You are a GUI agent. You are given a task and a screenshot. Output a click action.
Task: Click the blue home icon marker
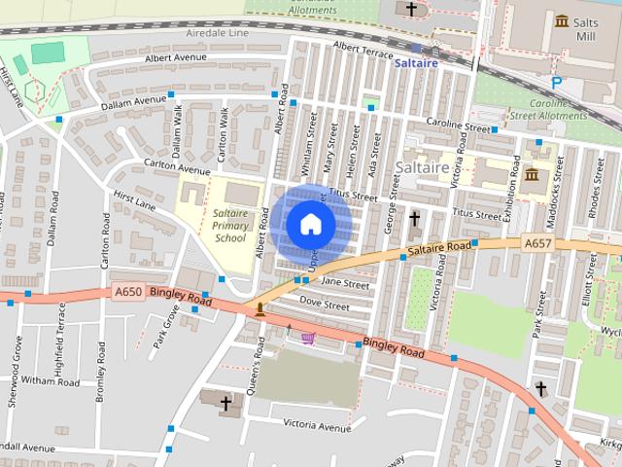point(310,224)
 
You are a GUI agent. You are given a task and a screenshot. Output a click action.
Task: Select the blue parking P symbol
point(557,84)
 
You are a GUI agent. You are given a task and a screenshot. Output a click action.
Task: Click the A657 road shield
point(536,243)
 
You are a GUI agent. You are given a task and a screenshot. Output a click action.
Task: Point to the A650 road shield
point(129,290)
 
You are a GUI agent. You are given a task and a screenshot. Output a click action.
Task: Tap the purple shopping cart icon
point(309,338)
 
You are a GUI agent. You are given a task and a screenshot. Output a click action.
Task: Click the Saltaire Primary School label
point(230,226)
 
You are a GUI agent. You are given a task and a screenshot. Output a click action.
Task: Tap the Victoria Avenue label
point(317,426)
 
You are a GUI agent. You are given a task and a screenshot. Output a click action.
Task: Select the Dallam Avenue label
point(136,101)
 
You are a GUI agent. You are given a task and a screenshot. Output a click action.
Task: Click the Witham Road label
point(50,382)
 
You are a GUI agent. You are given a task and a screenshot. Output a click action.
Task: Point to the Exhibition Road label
point(506,191)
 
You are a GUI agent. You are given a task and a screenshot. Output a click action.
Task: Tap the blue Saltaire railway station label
point(416,63)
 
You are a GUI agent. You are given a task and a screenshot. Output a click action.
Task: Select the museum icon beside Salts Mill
point(562,21)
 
